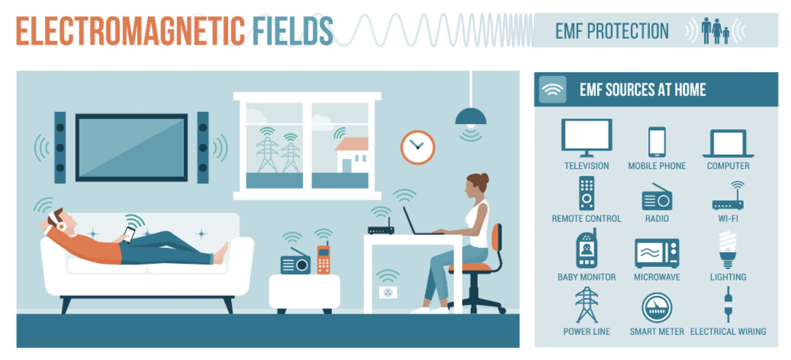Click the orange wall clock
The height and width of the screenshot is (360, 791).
click(417, 147)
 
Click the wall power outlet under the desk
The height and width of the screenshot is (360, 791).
click(388, 292)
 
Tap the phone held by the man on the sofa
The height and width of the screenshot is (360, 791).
click(129, 235)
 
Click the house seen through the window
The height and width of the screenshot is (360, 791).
click(352, 155)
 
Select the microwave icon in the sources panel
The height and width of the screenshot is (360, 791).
click(657, 253)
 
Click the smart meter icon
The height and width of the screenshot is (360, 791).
click(657, 307)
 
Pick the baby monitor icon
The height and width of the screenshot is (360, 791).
click(586, 249)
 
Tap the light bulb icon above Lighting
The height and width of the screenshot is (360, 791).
click(728, 250)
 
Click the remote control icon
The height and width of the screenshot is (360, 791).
click(586, 193)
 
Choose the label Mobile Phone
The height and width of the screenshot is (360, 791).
click(657, 166)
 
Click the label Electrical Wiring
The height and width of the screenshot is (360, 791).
click(728, 332)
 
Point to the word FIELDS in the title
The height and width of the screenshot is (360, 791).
click(293, 31)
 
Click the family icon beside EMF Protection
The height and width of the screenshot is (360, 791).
click(715, 31)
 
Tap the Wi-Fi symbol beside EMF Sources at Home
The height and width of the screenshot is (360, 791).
click(553, 90)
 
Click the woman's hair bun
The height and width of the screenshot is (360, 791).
click(485, 178)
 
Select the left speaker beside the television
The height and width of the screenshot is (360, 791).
click(60, 148)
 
